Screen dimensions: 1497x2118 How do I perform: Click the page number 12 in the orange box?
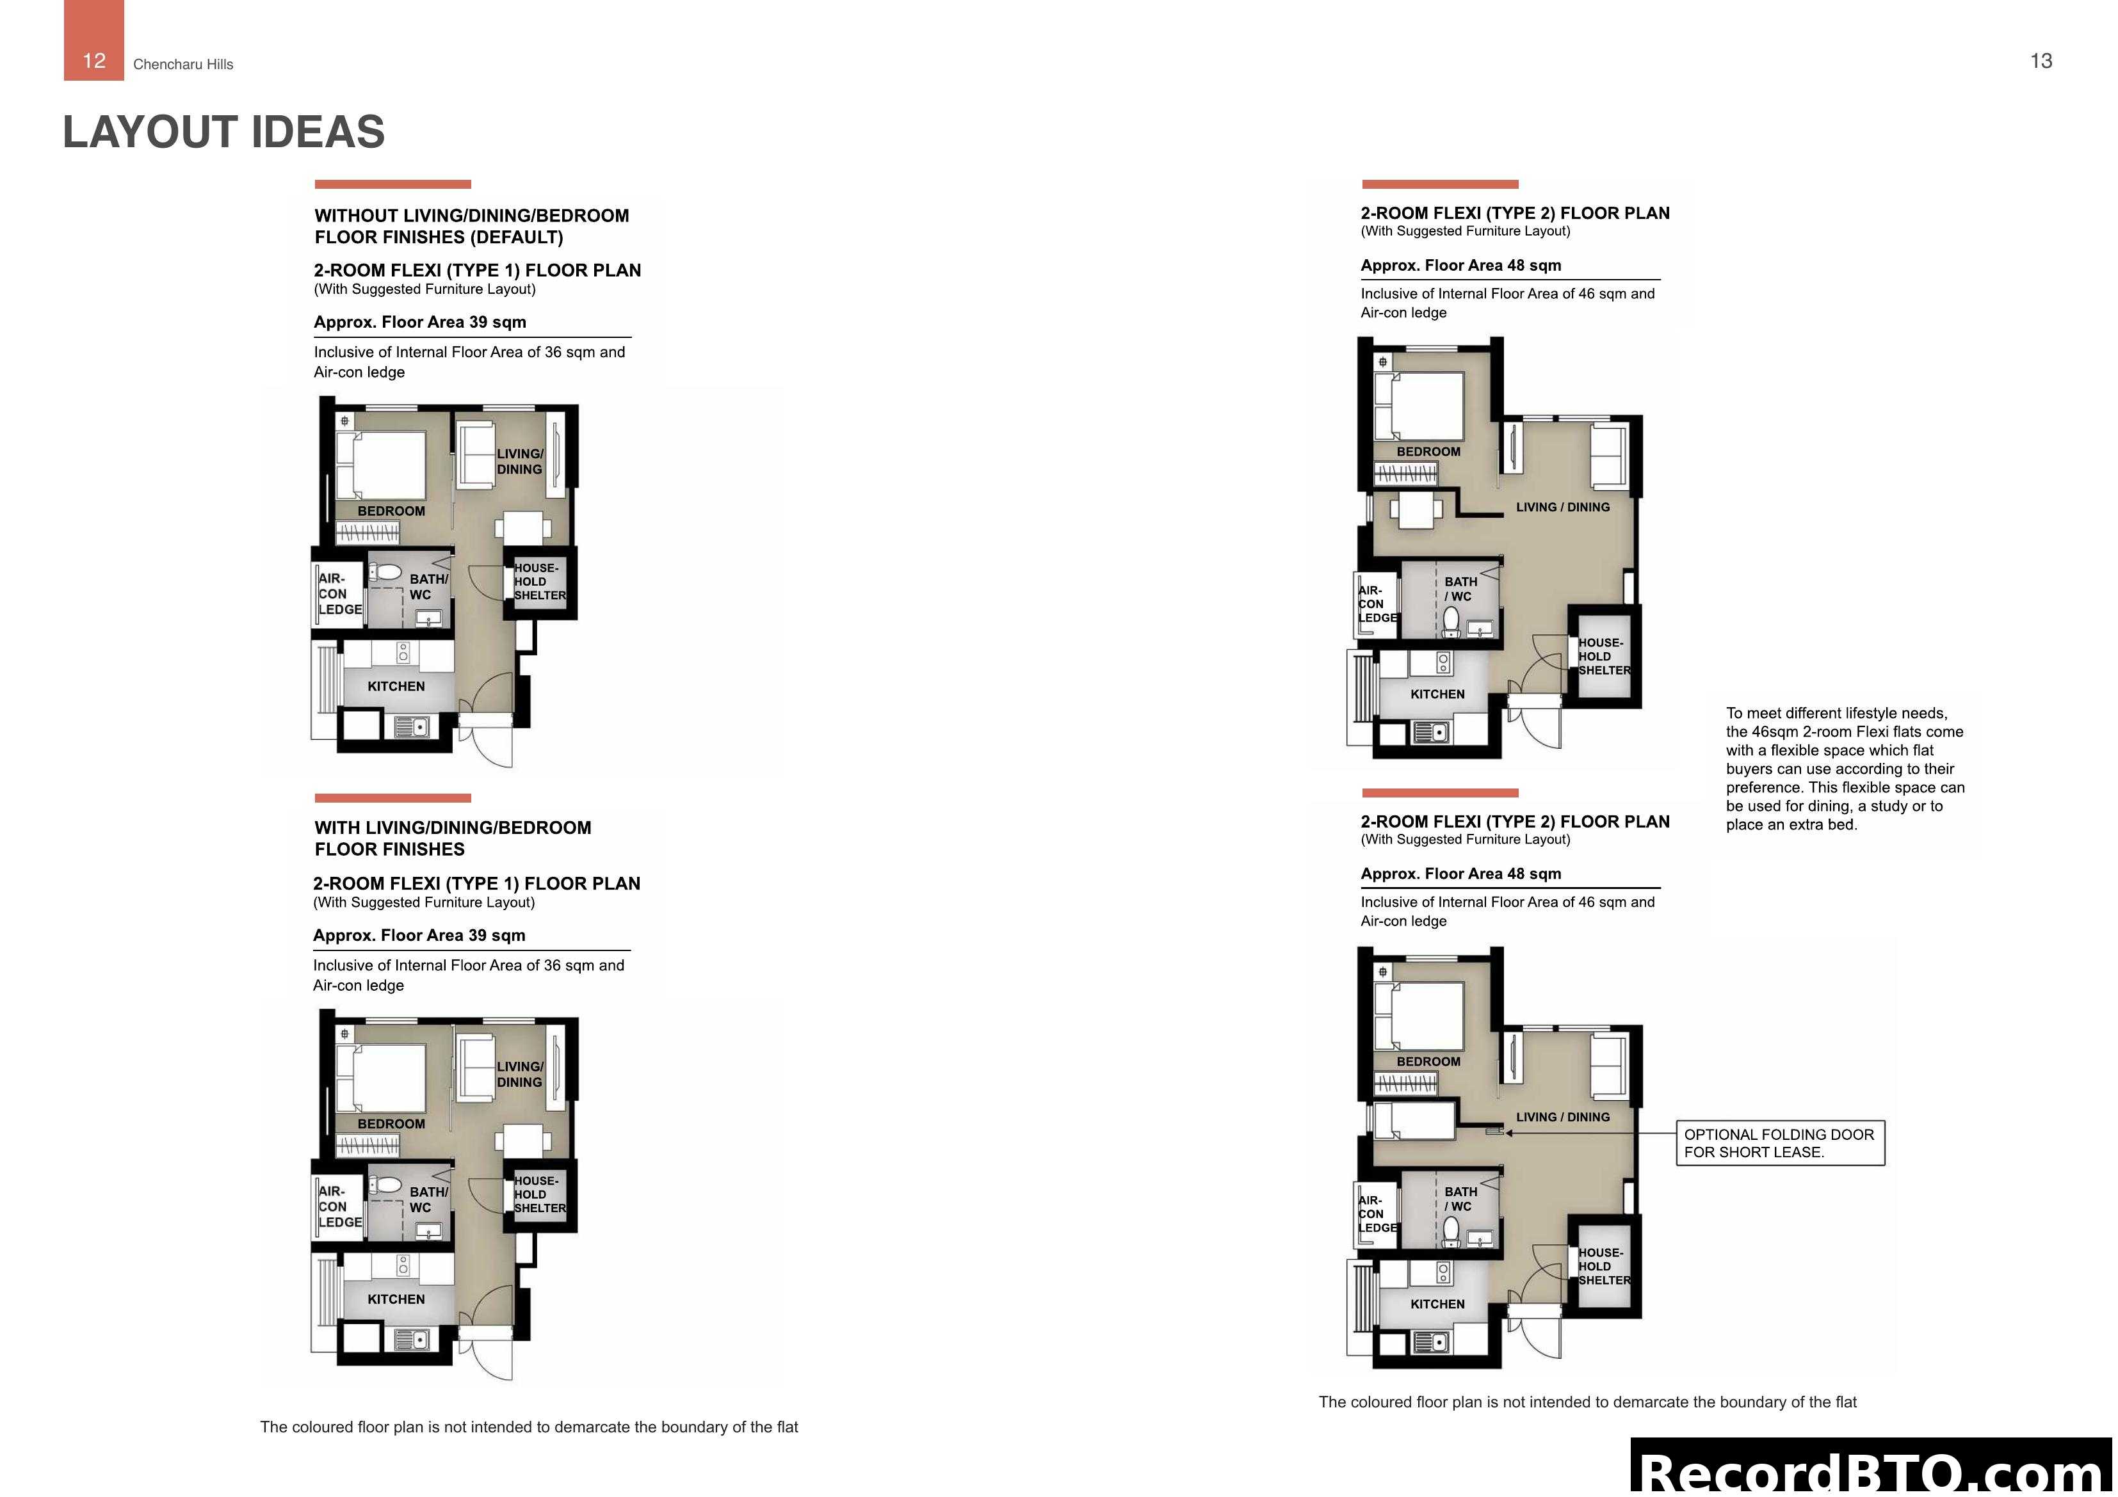coord(93,60)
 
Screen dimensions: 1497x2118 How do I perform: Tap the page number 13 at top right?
coord(2041,61)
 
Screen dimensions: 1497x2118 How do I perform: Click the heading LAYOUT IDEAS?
coord(223,132)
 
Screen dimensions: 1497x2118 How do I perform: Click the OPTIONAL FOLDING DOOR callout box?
coord(1779,1143)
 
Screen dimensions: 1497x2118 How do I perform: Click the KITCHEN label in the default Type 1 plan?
coord(396,686)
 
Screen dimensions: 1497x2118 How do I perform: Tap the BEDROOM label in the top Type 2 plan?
coord(1428,452)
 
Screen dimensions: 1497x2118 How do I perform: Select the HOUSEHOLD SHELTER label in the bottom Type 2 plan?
coord(1603,1267)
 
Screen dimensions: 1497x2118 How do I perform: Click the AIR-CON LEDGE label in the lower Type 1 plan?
coord(339,1206)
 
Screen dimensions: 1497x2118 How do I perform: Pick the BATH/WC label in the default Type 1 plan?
coord(428,587)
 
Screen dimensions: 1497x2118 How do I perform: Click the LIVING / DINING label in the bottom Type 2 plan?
coord(1563,1117)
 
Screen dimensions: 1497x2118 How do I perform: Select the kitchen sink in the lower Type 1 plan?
coord(412,1340)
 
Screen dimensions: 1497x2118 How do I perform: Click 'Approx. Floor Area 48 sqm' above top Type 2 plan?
coord(1460,266)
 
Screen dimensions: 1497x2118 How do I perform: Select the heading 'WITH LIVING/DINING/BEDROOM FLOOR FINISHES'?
coord(453,838)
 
